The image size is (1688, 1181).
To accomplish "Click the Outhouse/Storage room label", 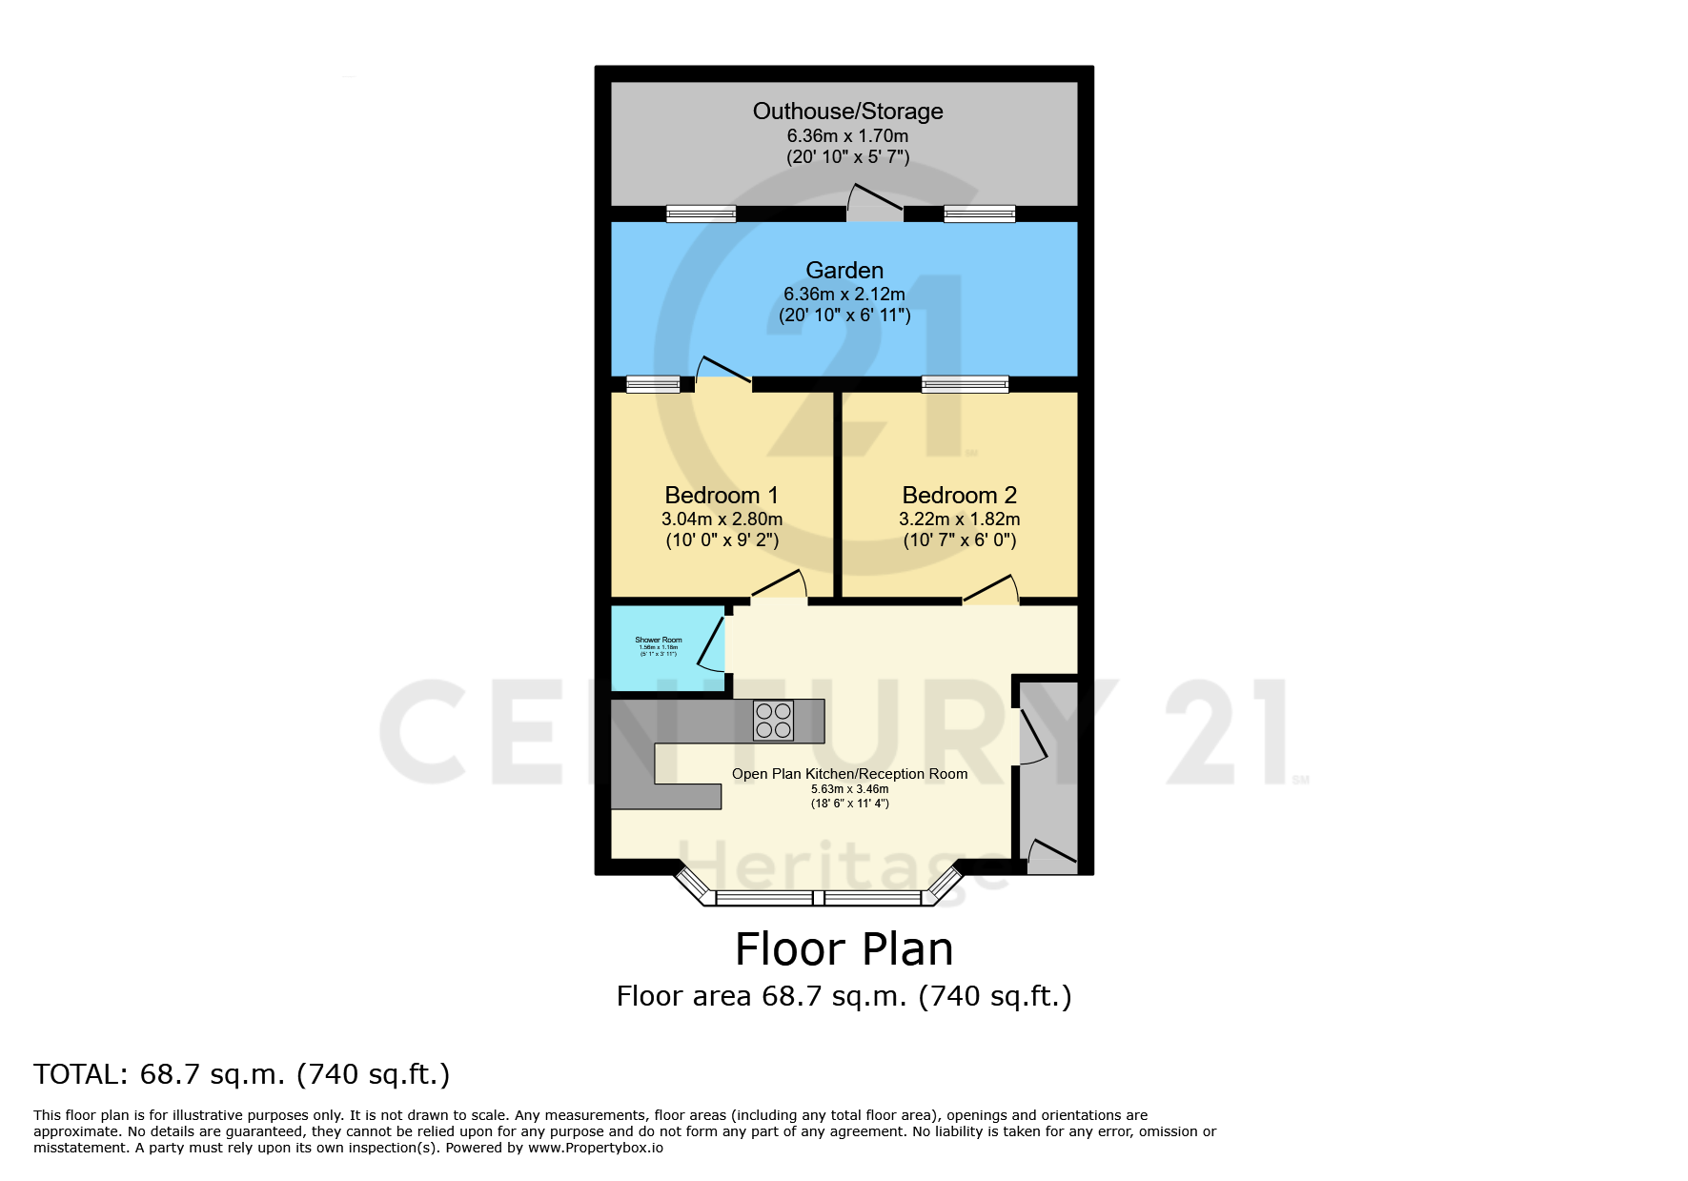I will (847, 112).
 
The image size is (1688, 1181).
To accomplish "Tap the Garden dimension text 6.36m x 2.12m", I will (844, 295).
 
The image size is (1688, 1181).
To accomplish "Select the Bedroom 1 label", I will (722, 496).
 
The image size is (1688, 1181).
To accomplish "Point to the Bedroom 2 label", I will (959, 496).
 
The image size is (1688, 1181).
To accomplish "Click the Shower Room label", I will (659, 640).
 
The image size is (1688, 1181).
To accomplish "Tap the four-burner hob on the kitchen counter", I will (773, 721).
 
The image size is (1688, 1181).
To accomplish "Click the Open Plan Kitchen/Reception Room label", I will (849, 774).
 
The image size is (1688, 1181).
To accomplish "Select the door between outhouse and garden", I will (875, 201).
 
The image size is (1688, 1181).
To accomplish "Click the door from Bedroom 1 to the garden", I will (723, 373).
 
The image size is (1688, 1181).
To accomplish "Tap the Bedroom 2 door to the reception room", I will (991, 591).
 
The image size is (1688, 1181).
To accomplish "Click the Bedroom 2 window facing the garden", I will (965, 384).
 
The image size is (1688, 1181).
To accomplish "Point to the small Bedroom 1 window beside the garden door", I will (653, 384).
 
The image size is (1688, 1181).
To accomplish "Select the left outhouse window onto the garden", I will (701, 214).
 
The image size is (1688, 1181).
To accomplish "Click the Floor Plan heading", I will (844, 949).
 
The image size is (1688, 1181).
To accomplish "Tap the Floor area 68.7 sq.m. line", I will (844, 996).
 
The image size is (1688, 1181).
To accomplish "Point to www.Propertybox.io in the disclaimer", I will (595, 1148).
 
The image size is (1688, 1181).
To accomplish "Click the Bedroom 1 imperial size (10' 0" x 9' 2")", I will (722, 540).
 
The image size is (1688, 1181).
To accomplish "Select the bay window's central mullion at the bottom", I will (818, 897).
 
